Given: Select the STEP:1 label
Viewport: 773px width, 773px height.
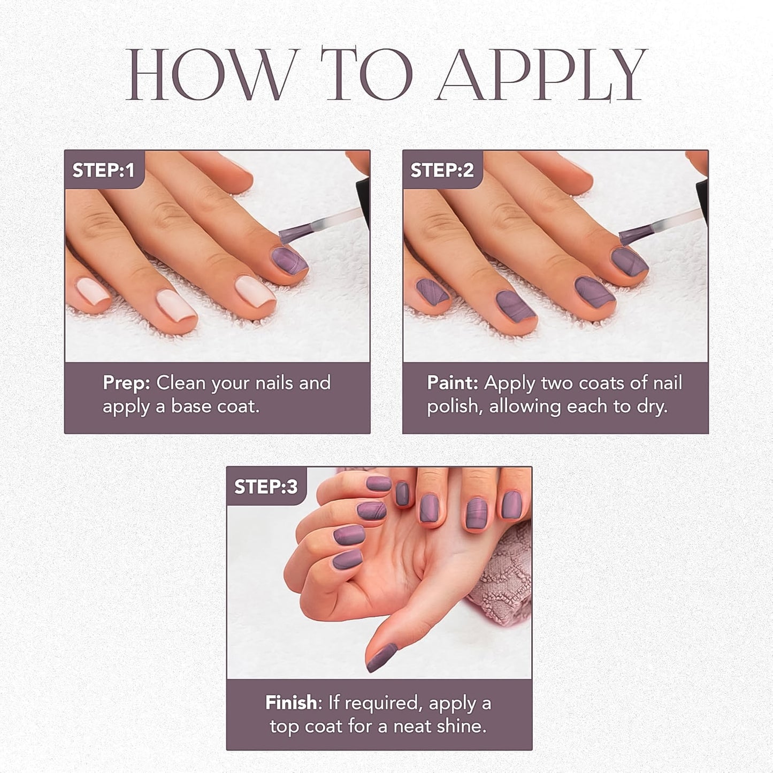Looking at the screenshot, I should [x=104, y=170].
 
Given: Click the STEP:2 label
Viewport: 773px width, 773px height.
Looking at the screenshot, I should [x=442, y=170].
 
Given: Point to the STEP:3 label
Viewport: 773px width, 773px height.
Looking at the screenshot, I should [x=266, y=486].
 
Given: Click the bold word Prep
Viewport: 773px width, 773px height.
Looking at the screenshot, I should [x=126, y=383].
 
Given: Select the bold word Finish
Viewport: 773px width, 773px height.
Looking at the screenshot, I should [x=291, y=702].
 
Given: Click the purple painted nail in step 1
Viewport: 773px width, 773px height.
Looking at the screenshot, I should [x=289, y=261].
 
